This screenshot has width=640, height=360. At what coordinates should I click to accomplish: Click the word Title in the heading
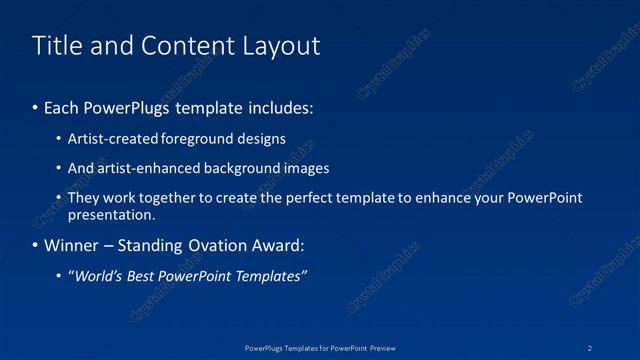[55, 45]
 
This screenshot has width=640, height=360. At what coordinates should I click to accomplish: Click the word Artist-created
[107, 139]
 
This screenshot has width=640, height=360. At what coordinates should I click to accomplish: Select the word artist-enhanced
[143, 168]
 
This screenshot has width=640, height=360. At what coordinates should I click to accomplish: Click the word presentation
[110, 214]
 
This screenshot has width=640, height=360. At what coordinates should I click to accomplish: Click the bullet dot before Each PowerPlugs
[36, 106]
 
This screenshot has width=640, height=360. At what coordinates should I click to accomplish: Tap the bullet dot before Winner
[36, 246]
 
